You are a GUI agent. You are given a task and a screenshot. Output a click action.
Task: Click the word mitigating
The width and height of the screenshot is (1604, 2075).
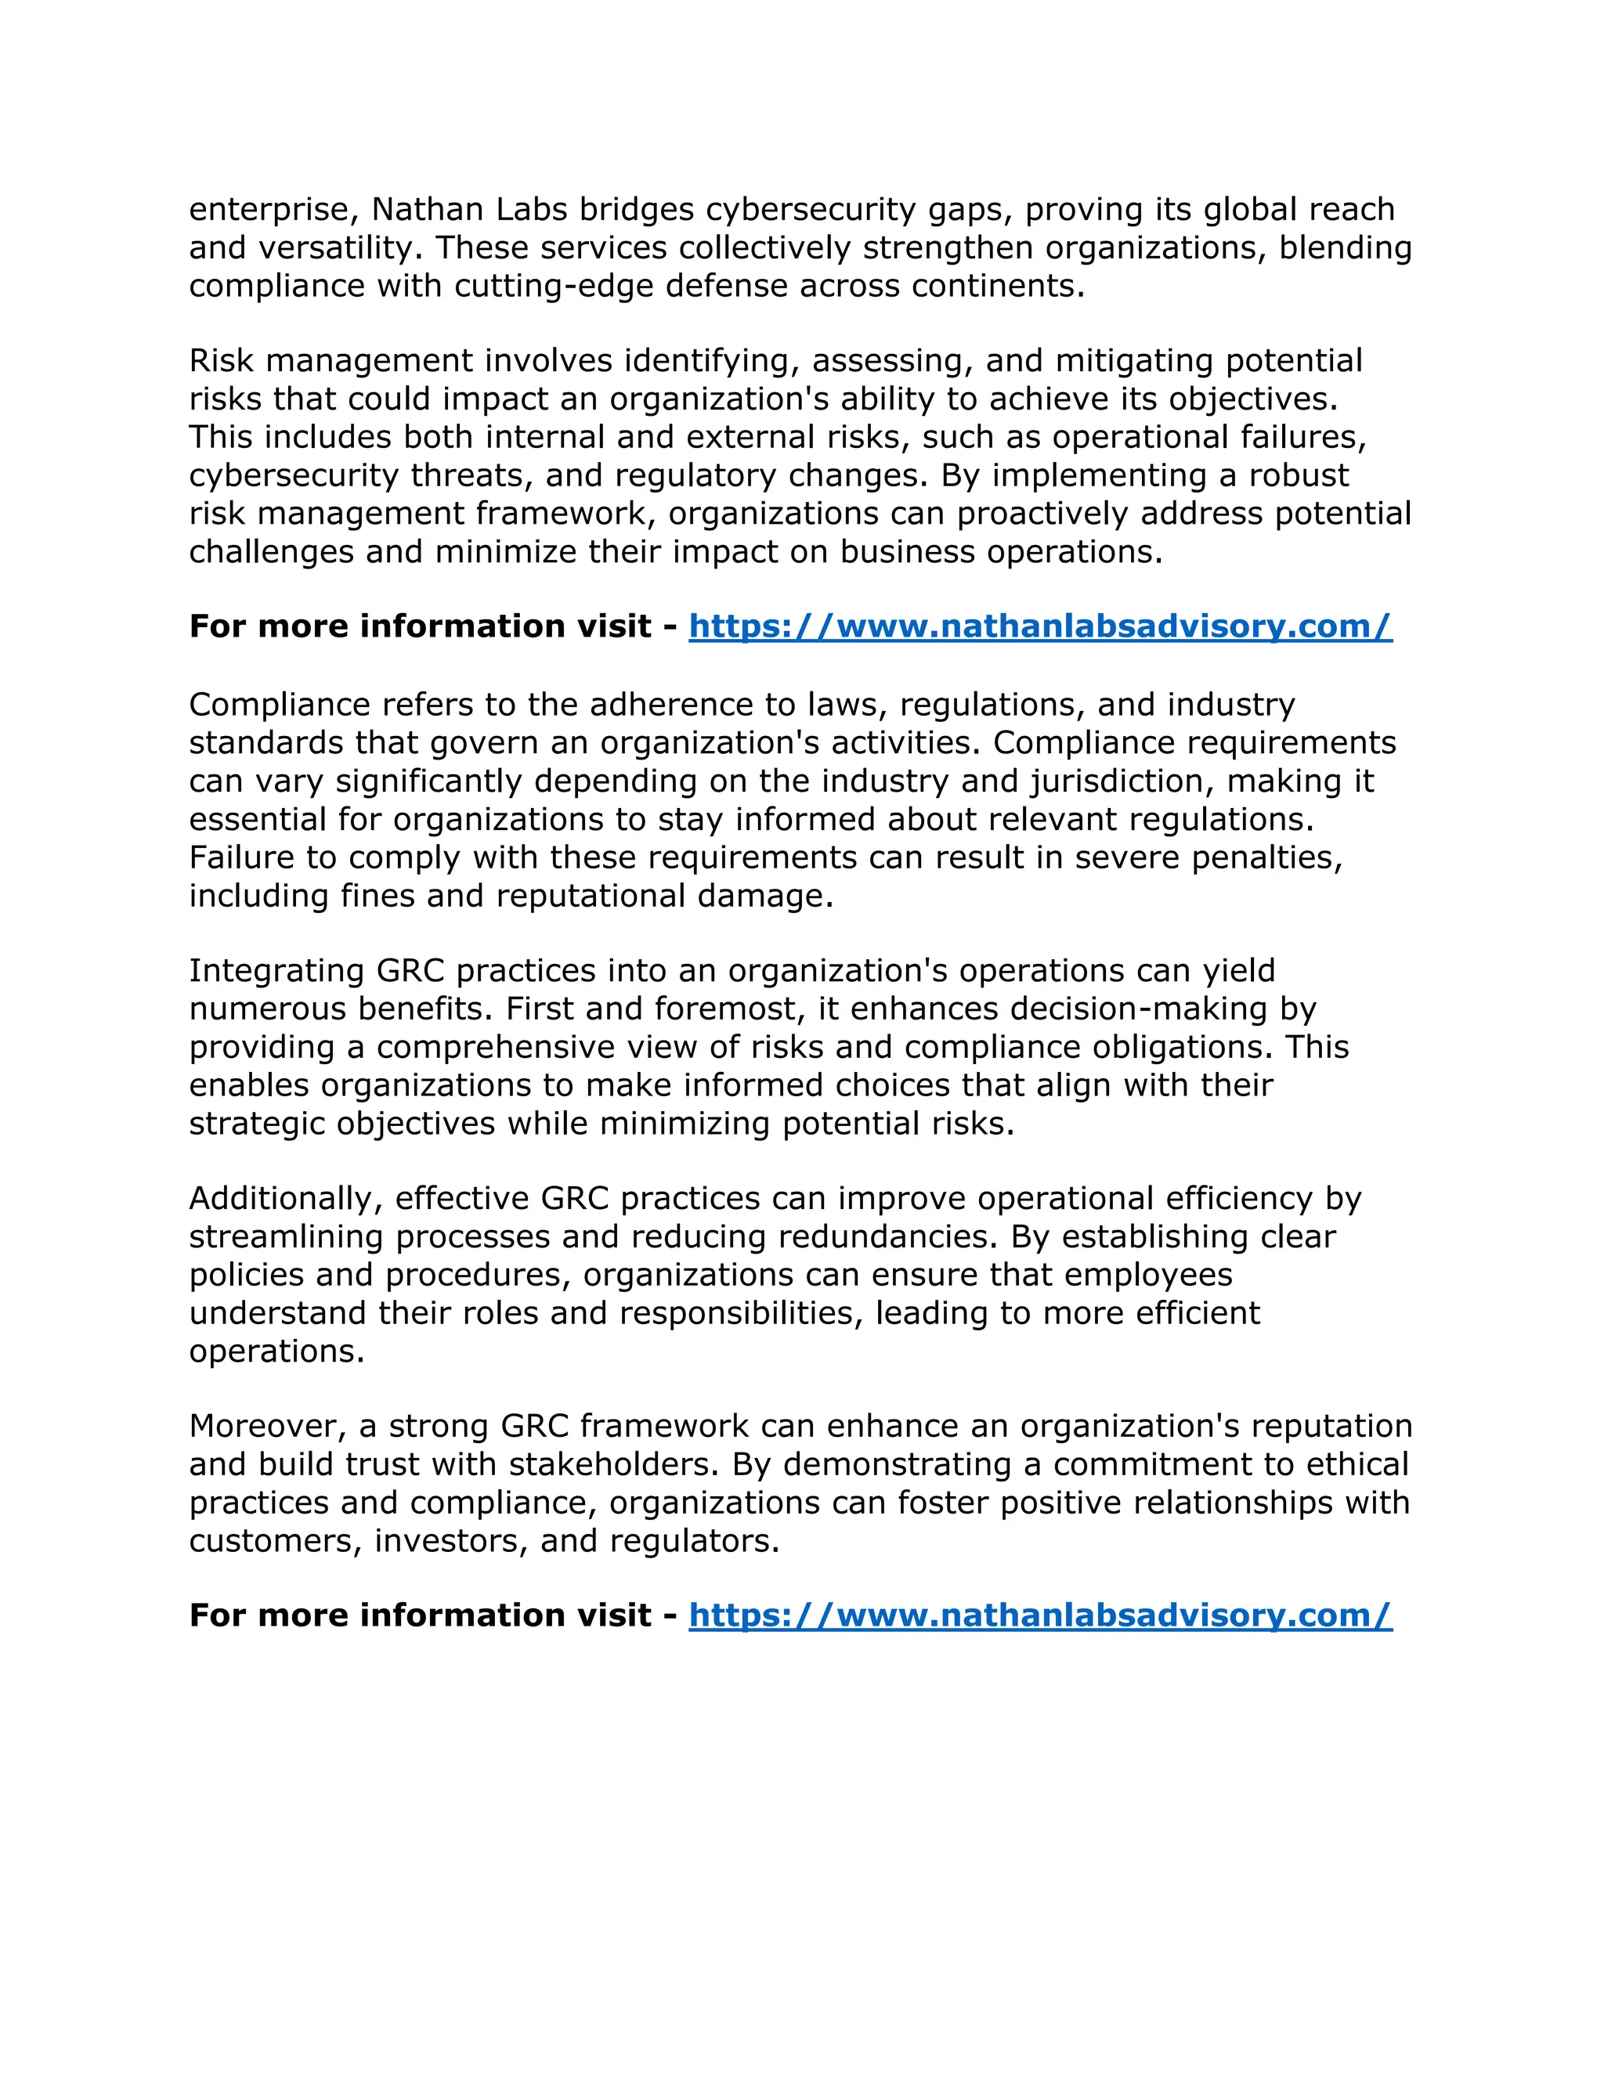pos(1135,361)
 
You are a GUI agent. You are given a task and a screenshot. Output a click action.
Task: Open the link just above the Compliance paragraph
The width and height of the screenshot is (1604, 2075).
pos(1039,626)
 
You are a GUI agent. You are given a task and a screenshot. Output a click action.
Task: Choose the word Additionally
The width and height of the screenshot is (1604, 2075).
pos(285,1199)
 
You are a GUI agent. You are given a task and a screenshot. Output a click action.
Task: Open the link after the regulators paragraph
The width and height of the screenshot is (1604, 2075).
pos(1039,1615)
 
